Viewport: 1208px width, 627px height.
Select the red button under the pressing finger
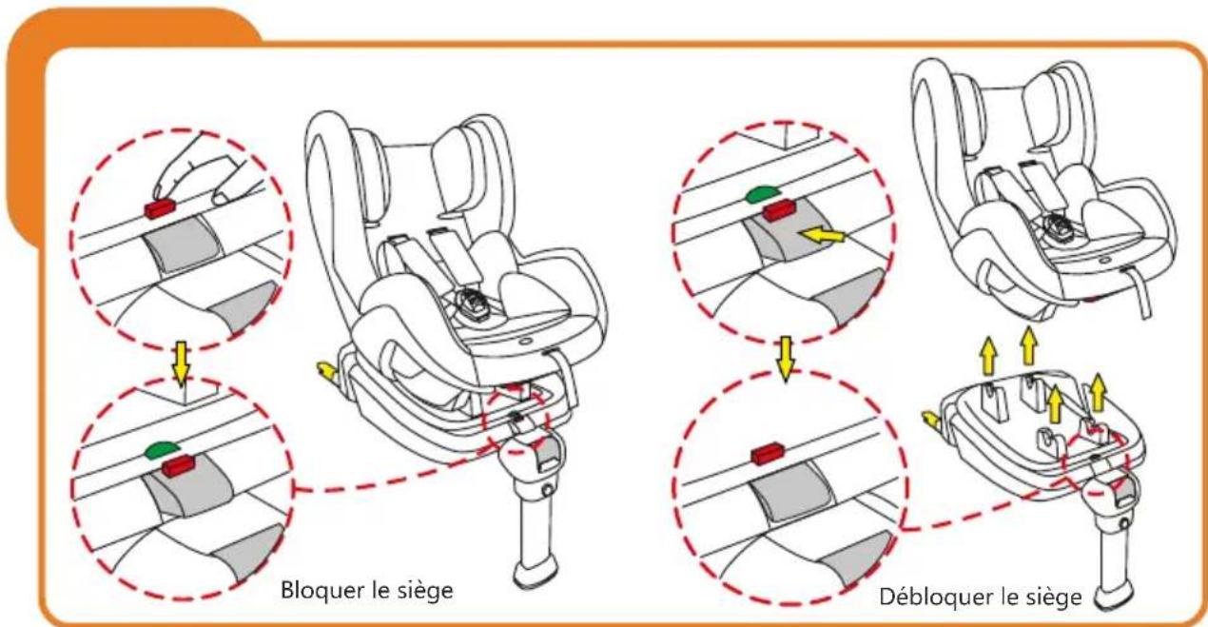pos(159,208)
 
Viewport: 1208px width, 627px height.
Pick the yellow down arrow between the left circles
pos(180,361)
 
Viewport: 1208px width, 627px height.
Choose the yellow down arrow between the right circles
pos(784,356)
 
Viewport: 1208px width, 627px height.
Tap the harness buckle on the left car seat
pos(474,306)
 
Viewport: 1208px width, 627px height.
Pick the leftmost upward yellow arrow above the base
pos(989,360)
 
